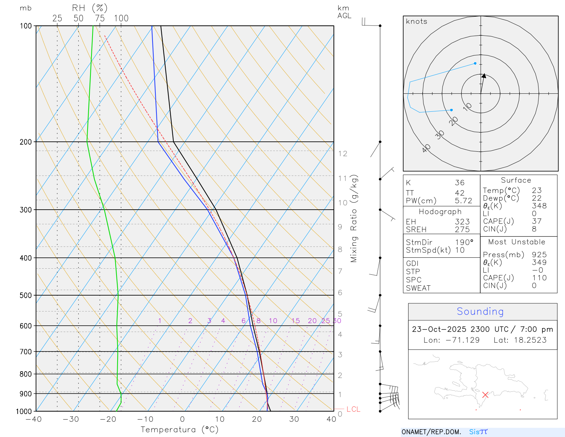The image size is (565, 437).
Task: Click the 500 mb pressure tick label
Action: pos(25,296)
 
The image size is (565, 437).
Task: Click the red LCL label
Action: pos(353,409)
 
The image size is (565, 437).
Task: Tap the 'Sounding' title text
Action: pos(480,311)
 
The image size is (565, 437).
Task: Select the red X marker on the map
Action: pos(485,395)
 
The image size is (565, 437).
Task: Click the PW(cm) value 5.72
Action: pos(463,201)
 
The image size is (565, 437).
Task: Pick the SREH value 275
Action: pos(462,229)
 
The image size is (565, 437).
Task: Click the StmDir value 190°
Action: pos(464,243)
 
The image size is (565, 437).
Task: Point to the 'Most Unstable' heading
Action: pos(517,242)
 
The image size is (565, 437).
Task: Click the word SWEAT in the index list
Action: pos(418,288)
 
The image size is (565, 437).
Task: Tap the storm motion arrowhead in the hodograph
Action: pos(484,76)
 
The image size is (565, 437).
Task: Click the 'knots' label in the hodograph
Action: pos(416,22)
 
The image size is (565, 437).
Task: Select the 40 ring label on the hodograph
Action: pos(426,148)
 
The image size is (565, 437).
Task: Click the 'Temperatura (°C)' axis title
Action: pos(179,430)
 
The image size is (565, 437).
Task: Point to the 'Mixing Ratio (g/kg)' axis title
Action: pos(354,218)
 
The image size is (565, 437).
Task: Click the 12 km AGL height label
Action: pos(343,154)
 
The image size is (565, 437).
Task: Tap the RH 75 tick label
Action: pos(100,18)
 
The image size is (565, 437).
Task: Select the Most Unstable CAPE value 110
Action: pos(539,278)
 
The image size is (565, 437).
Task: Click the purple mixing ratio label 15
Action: pos(296,321)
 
